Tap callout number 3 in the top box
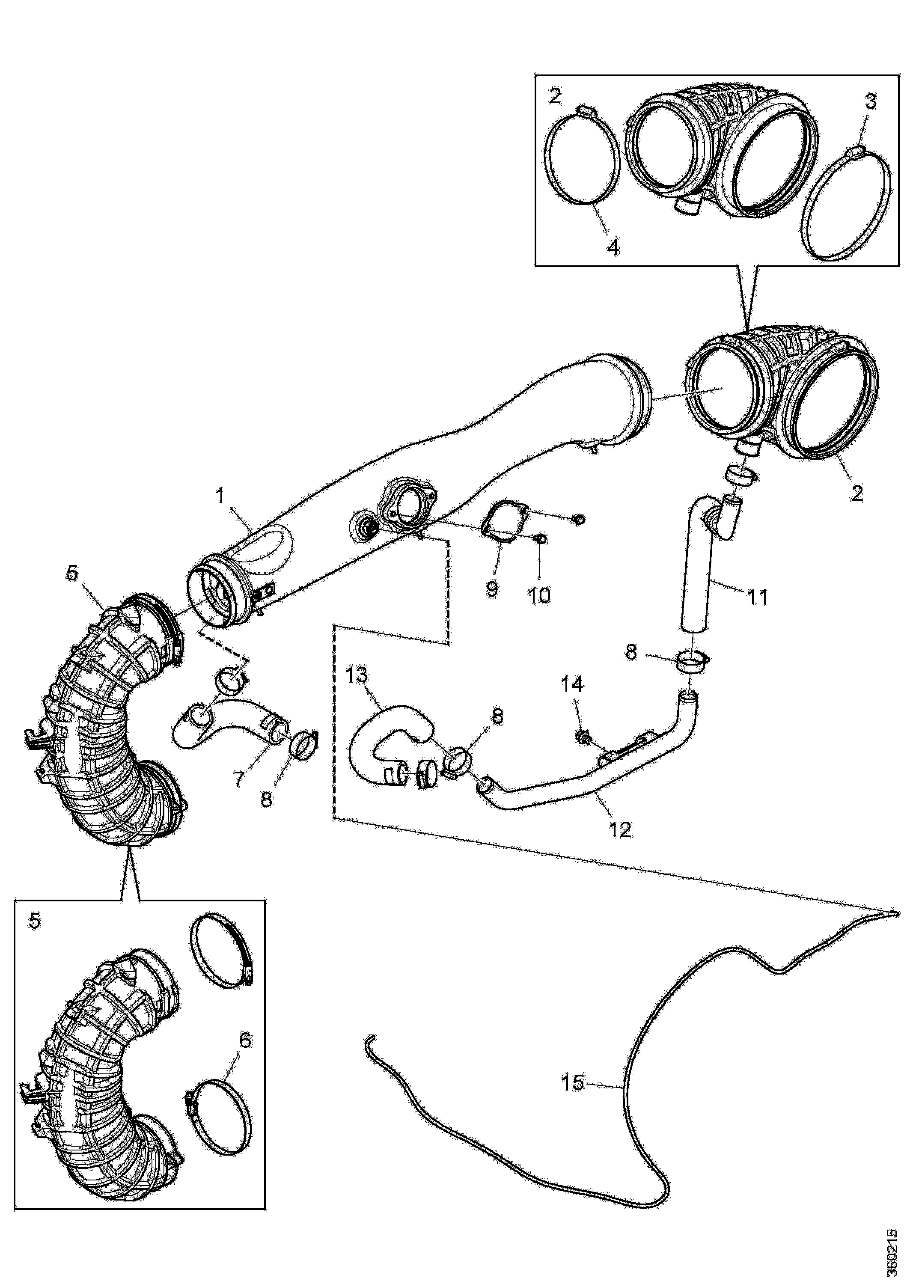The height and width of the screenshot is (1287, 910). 870,101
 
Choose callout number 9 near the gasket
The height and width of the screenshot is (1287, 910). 492,589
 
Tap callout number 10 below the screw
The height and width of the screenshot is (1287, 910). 539,595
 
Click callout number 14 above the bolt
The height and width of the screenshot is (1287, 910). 572,684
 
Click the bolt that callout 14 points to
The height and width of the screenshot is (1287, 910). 582,737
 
